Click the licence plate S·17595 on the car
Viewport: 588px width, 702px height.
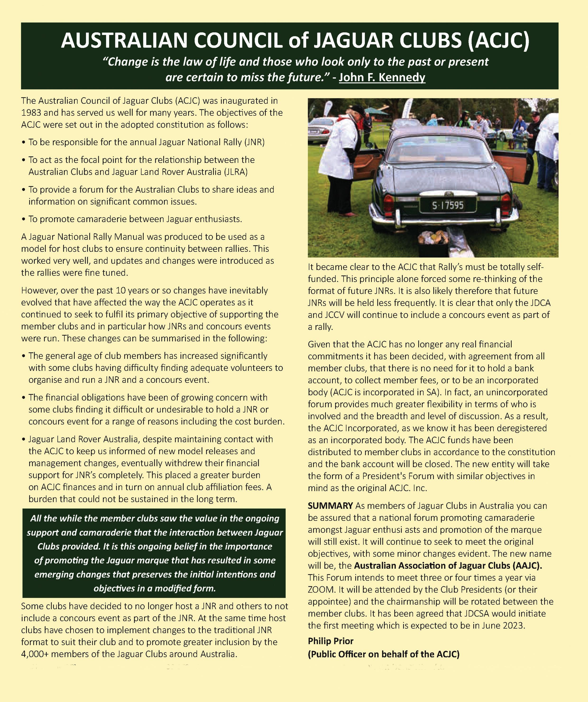pos(448,205)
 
